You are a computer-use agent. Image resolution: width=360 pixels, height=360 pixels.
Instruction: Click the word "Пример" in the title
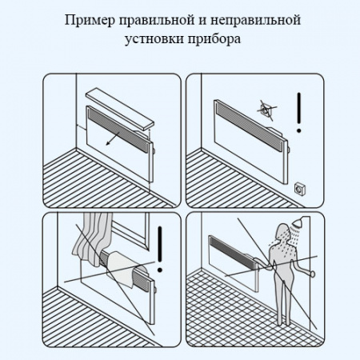coord(87,19)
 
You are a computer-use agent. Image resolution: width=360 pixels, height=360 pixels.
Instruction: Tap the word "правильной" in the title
coord(155,19)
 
